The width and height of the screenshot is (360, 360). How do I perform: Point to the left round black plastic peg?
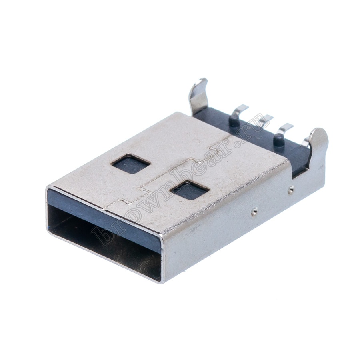coord(235,121)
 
